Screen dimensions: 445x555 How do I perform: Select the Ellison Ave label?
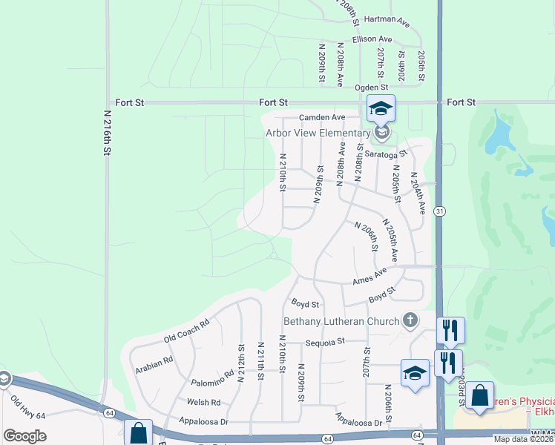click(372, 39)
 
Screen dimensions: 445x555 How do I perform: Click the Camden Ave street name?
click(322, 117)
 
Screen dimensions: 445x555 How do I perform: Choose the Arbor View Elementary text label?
click(318, 133)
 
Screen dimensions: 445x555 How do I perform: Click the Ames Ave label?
click(370, 276)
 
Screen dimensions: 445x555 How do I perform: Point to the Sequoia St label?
click(326, 342)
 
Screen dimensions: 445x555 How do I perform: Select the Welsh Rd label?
click(205, 403)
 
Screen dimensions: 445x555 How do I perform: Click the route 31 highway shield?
click(439, 211)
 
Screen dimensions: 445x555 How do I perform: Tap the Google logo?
click(25, 435)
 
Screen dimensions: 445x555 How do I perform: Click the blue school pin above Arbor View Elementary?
click(381, 110)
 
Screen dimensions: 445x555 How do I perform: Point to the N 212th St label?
click(240, 363)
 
